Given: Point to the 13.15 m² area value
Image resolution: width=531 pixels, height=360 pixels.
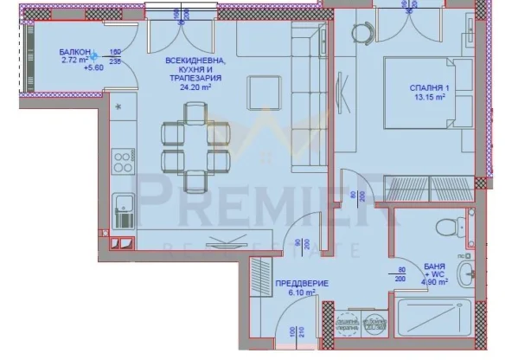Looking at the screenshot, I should point(430,97).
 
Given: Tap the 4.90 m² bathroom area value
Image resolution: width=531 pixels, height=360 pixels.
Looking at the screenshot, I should point(435,280).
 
